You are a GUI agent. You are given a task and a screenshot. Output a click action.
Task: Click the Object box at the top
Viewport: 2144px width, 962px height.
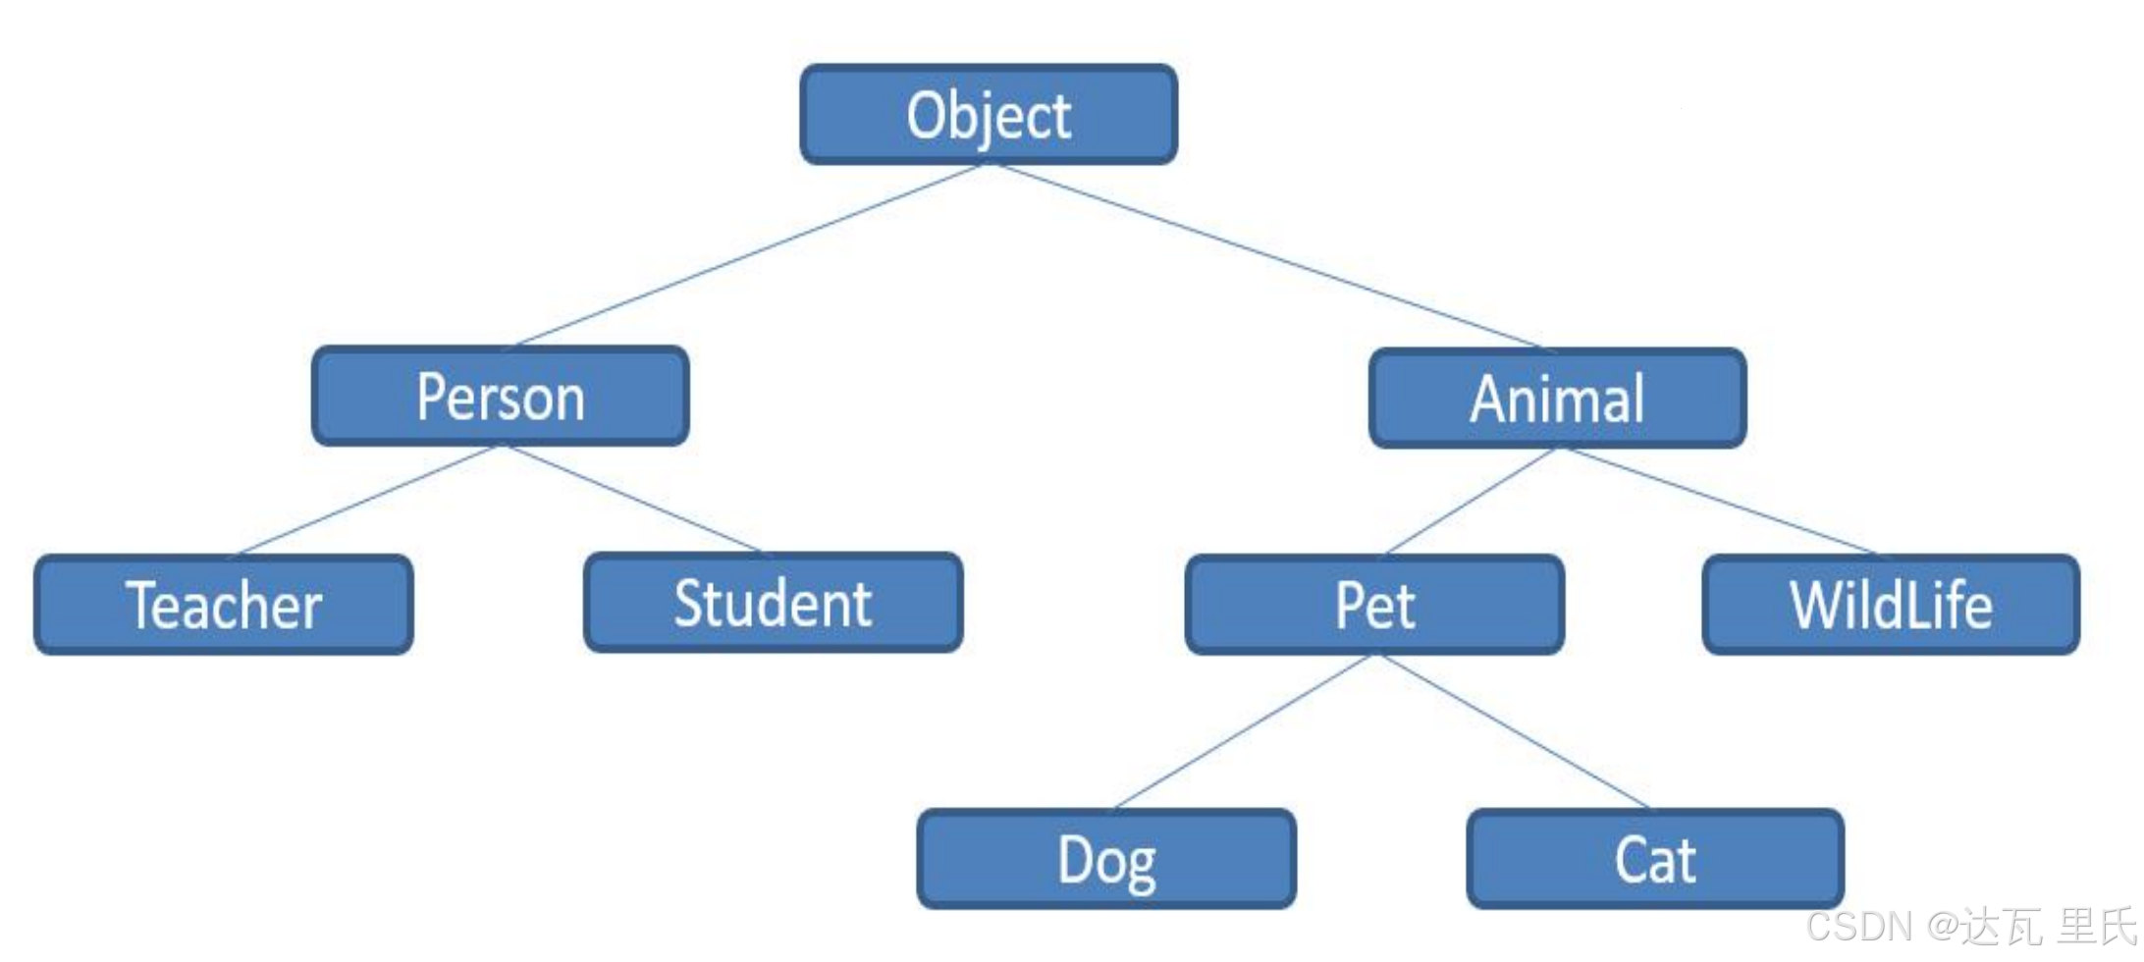click(x=989, y=115)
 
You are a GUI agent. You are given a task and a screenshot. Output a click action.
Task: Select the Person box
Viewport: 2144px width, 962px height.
click(x=500, y=397)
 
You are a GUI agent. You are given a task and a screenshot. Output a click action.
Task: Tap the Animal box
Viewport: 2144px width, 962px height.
click(x=1557, y=399)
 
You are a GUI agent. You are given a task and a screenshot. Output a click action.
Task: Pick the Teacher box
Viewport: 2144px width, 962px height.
click(x=224, y=605)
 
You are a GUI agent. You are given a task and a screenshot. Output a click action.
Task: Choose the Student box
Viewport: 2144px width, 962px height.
click(x=773, y=603)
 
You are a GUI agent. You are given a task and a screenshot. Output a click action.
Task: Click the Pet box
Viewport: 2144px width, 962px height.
click(x=1374, y=605)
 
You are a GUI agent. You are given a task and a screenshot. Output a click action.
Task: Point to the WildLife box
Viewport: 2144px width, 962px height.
click(x=1891, y=605)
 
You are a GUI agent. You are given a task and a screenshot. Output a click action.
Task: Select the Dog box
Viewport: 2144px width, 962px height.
click(x=1106, y=860)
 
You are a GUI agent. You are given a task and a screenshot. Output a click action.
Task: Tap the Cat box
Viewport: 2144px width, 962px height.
click(x=1655, y=860)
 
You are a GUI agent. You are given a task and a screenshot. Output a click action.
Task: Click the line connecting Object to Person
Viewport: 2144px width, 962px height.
click(x=748, y=255)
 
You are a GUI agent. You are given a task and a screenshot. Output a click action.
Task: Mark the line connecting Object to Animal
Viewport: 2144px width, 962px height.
click(x=1266, y=255)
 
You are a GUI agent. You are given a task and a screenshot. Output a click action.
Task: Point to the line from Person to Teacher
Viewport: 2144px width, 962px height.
click(x=365, y=501)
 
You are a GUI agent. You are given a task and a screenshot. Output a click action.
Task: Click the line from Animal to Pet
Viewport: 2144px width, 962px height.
click(x=1471, y=502)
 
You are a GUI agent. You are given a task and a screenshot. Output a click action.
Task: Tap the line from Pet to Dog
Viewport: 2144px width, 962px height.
click(x=1243, y=732)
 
